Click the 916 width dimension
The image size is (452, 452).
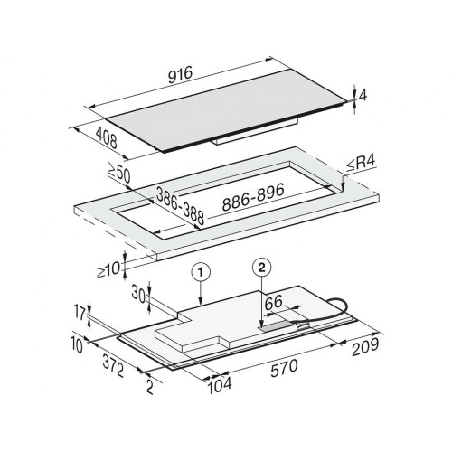180,75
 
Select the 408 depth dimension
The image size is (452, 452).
106,138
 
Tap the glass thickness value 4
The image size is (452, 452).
363,96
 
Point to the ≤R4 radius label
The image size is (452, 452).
361,165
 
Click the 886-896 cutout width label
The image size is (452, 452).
253,197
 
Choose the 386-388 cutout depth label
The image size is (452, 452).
180,206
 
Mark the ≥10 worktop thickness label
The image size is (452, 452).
108,269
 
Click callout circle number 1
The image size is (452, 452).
201,272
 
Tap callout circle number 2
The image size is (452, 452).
262,268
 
